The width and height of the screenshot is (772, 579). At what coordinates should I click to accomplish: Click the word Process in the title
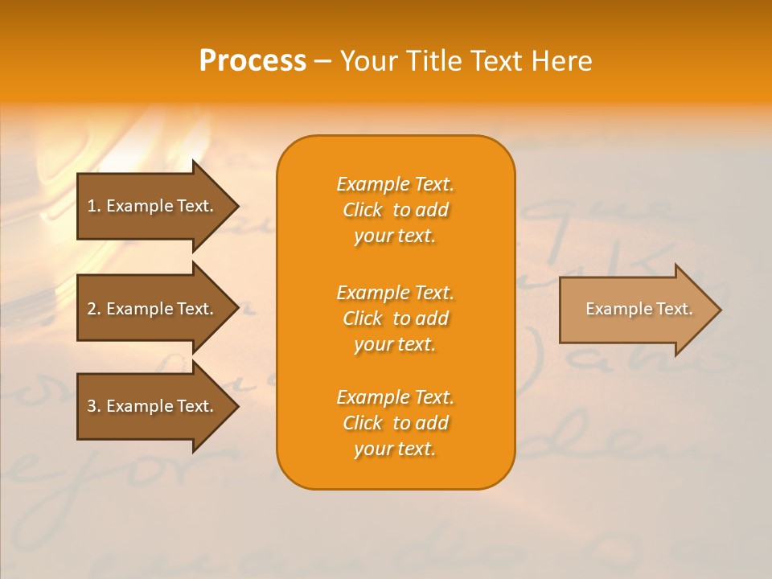coord(253,61)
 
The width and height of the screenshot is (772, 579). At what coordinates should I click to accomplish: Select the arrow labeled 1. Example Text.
coord(153,206)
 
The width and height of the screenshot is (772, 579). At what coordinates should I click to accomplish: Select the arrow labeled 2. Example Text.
coord(153,309)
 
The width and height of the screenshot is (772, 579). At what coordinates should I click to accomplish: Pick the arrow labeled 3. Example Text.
coord(153,406)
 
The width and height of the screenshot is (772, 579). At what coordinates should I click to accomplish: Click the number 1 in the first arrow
coord(92,206)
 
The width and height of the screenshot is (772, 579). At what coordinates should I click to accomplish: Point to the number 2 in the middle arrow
coord(92,309)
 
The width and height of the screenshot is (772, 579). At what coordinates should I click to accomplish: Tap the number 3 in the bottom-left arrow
coord(92,406)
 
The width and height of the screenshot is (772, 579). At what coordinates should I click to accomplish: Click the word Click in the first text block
coord(363,210)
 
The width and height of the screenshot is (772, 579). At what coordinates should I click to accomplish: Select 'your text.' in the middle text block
coord(395,344)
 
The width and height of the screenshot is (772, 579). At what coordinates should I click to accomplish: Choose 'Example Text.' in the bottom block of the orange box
coord(395,397)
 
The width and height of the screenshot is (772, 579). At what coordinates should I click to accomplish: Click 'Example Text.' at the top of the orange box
coord(395,184)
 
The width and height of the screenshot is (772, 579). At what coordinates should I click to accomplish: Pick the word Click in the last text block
coord(363,423)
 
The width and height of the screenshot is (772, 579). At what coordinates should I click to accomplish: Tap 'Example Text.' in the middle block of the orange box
coord(395,293)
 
